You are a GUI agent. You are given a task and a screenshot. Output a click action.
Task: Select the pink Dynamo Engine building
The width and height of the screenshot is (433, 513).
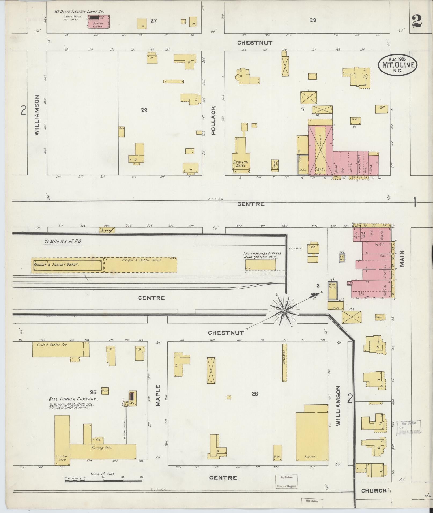pos(99,21)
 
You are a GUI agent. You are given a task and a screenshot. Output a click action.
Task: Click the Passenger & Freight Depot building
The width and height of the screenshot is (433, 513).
pos(67,265)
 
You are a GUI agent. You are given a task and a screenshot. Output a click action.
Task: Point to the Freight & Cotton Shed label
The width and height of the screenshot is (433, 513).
pos(142,260)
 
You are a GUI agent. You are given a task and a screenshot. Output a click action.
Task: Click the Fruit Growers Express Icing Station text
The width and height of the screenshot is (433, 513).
pos(262,255)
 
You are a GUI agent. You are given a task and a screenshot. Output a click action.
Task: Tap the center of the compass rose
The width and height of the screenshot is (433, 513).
pos(284,311)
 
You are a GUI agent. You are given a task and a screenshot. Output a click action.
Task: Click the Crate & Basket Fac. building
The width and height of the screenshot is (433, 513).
pos(61,349)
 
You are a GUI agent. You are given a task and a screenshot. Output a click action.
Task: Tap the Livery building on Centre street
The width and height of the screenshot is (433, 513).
pos(107,230)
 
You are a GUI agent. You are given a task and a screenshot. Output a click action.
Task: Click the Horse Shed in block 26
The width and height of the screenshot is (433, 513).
pos(285,363)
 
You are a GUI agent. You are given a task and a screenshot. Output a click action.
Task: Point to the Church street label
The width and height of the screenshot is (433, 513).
pos(373,490)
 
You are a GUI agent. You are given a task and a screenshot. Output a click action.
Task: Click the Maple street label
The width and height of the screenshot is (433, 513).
pos(158,395)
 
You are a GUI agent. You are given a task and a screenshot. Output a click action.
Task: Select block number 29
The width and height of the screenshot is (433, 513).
pos(144,110)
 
